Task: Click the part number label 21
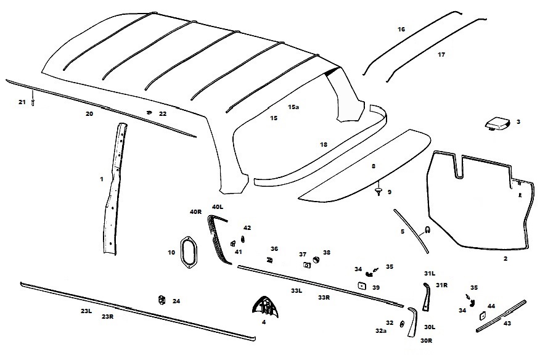pos(22,102)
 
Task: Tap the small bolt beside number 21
pos(33,99)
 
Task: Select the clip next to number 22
pos(149,112)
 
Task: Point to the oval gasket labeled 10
pos(189,252)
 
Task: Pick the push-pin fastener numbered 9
pos(379,190)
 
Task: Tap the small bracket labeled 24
pos(161,300)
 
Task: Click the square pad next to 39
pos(362,285)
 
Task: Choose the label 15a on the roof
pos(293,107)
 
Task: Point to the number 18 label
pos(324,145)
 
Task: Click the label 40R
pos(195,212)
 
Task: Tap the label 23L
pos(86,311)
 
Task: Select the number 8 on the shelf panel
pos(374,166)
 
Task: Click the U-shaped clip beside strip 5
pos(427,229)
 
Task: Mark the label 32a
pos(381,330)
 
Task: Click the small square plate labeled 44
pos(482,316)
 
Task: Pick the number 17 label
pos(441,54)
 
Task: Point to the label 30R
pos(427,341)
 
